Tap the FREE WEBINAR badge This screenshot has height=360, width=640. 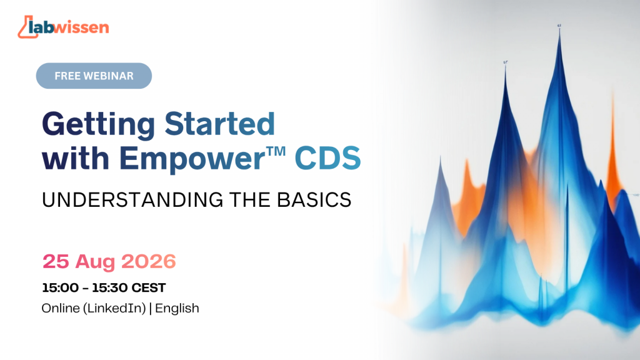94,76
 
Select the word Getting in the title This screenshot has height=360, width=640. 98,125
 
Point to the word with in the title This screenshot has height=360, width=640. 76,157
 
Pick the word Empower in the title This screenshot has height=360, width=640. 192,159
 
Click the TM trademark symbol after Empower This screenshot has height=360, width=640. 277,151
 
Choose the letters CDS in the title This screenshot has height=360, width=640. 327,158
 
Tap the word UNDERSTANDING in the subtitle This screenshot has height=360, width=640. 132,200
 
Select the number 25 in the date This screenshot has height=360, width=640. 56,262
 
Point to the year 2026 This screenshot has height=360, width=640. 149,262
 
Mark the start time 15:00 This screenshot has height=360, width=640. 61,287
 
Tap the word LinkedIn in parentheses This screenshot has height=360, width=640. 116,308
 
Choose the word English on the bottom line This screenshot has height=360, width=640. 177,309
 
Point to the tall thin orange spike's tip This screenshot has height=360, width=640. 612,93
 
